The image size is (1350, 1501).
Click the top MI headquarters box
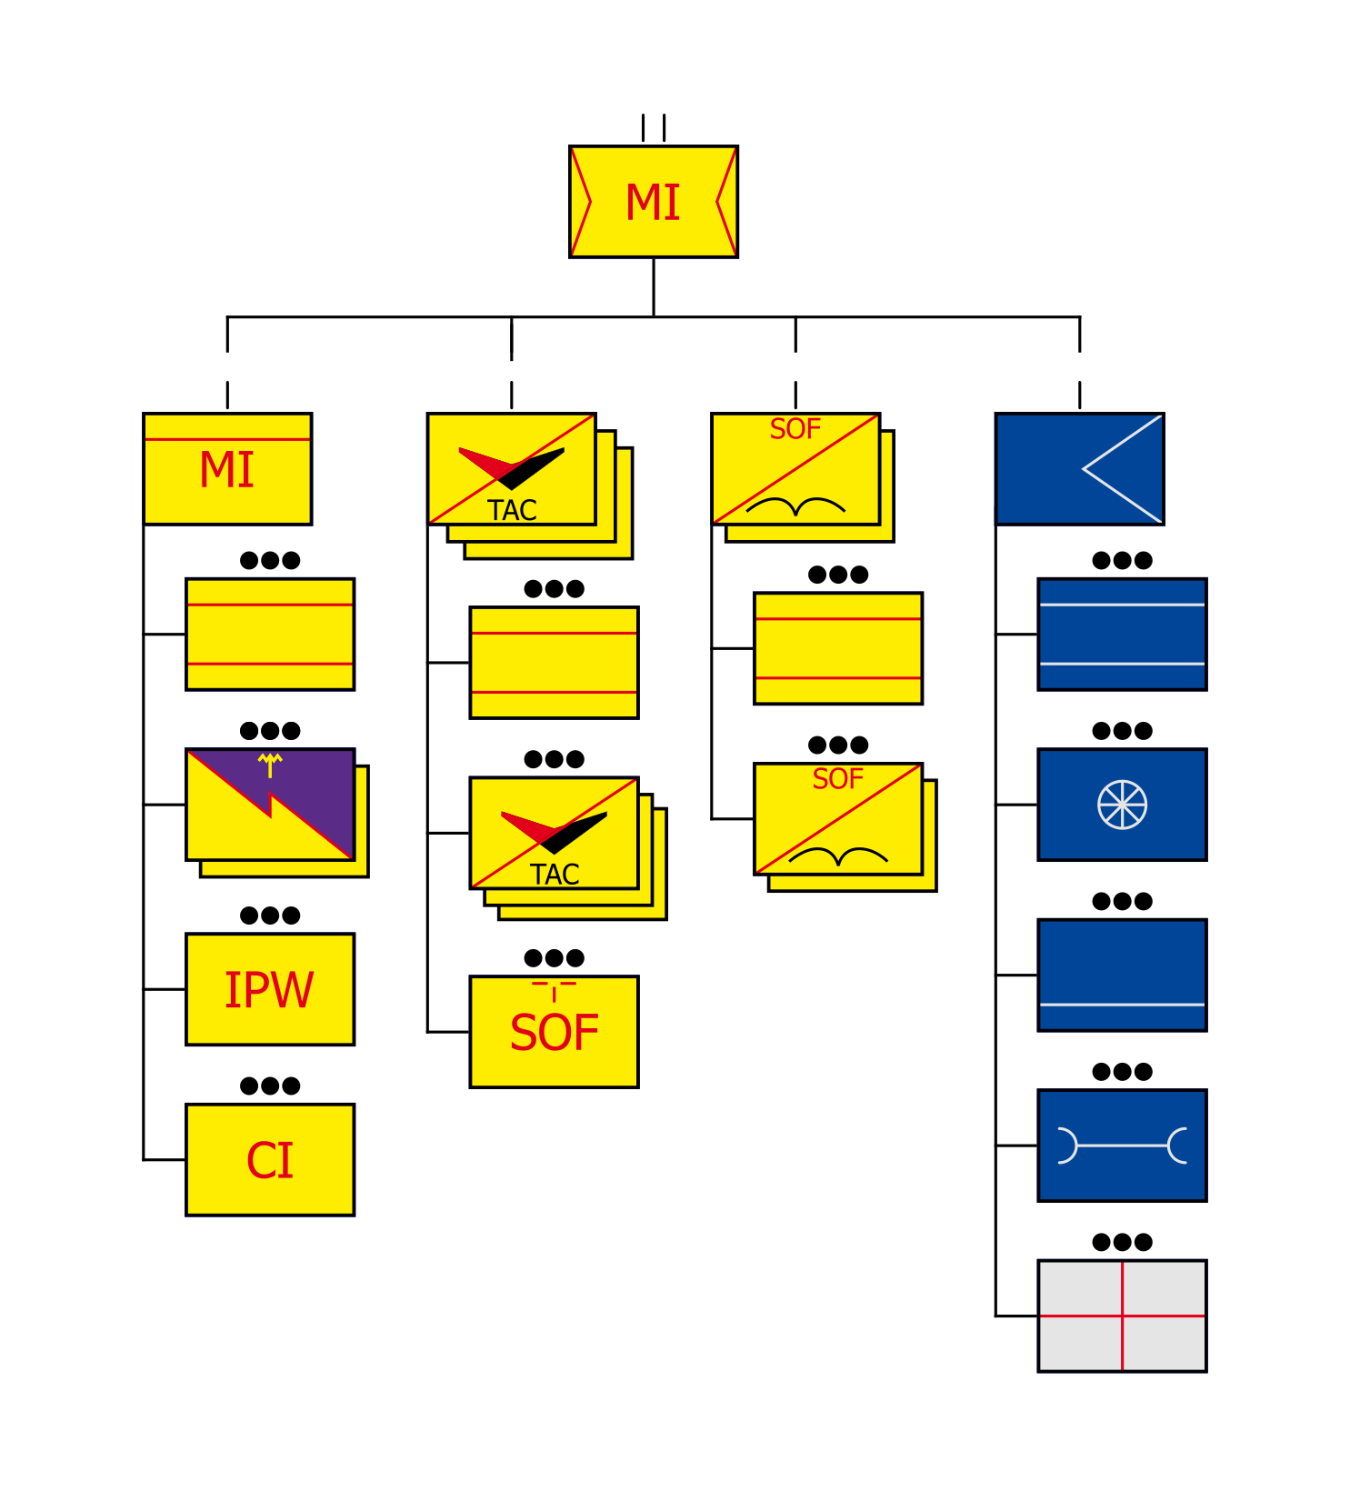tap(653, 201)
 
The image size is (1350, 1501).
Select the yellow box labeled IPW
tap(269, 989)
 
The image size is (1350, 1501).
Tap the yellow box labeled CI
tap(269, 1159)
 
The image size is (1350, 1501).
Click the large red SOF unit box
tap(554, 1032)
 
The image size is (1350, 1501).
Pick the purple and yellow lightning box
tap(269, 805)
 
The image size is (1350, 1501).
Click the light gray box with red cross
tap(1122, 1316)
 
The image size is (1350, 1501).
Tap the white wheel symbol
tap(1122, 805)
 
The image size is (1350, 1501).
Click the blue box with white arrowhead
tap(1079, 469)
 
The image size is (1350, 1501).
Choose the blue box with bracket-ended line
tap(1122, 1146)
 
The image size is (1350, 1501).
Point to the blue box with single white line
tap(1122, 975)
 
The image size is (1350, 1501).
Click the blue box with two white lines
tap(1122, 634)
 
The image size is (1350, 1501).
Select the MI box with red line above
tap(227, 469)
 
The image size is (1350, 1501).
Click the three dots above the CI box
tap(269, 1086)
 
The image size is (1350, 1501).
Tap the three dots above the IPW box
tap(269, 916)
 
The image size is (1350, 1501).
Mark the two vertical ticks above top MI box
tap(653, 127)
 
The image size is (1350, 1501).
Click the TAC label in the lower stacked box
tap(555, 875)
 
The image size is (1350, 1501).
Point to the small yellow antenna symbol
tap(270, 765)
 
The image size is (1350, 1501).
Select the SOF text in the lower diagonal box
tap(837, 779)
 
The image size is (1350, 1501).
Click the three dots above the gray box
tap(1122, 1242)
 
